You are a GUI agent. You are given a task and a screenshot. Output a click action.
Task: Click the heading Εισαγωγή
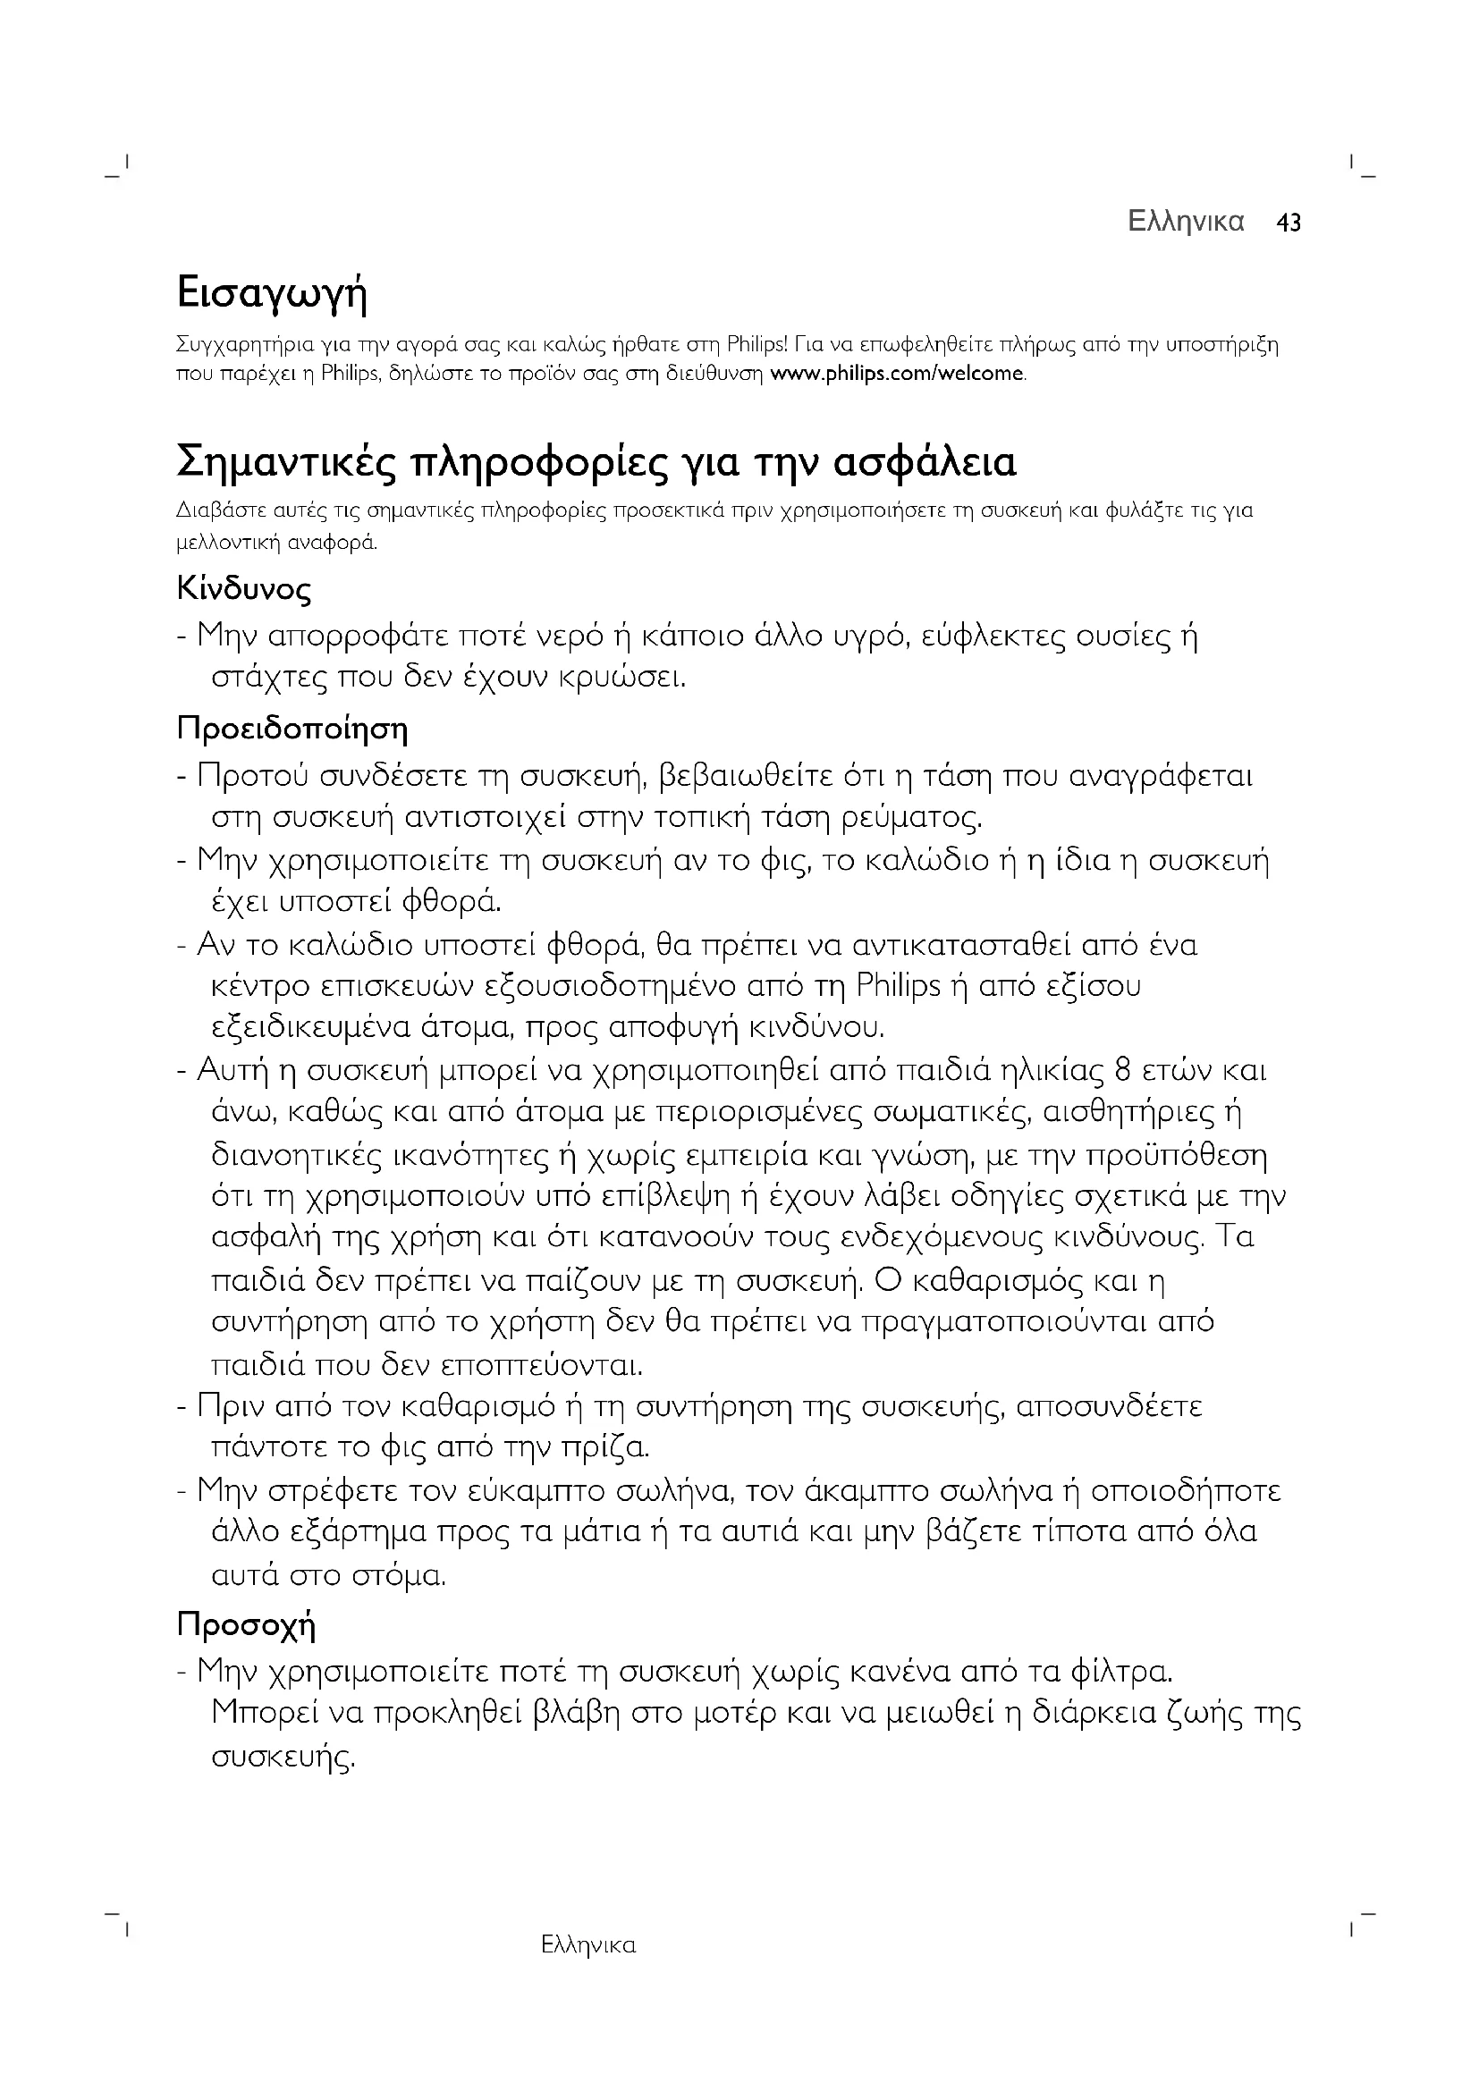(272, 294)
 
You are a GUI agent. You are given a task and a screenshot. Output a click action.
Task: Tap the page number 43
(1289, 223)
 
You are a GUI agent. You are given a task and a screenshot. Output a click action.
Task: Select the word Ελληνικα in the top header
(1186, 223)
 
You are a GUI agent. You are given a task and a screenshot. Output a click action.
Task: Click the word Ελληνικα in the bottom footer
(588, 1946)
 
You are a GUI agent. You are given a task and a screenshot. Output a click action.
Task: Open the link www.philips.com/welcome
(897, 374)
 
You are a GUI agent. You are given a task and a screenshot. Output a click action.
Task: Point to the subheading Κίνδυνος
(244, 589)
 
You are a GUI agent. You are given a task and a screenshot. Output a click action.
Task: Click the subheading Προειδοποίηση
(292, 729)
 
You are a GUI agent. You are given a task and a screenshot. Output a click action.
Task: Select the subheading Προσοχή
(246, 1624)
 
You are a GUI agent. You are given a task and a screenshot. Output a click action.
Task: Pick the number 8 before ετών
(1123, 1070)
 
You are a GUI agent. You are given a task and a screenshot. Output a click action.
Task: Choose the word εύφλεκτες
(990, 636)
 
